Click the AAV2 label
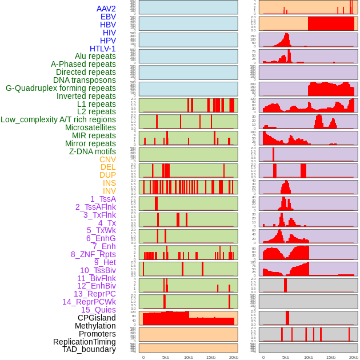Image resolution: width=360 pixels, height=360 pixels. click(x=106, y=9)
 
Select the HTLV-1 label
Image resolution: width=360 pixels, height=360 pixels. click(x=102, y=49)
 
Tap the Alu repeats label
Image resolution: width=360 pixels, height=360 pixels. click(x=95, y=56)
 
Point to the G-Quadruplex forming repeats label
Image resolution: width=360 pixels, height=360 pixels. click(x=61, y=88)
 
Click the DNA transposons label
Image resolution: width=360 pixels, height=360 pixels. click(x=84, y=80)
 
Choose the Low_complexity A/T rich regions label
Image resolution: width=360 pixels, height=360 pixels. click(x=58, y=119)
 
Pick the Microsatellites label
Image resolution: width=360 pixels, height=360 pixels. click(x=90, y=127)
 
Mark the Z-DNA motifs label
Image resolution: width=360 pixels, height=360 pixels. click(x=93, y=151)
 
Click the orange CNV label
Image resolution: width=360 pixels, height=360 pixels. click(x=107, y=159)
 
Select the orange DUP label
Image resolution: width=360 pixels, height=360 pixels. click(x=107, y=175)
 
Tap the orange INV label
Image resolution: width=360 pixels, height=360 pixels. click(x=109, y=191)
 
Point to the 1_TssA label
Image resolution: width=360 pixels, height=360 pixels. click(x=103, y=199)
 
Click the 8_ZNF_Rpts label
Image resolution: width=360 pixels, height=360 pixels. click(x=93, y=254)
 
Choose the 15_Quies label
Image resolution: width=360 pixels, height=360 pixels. click(x=98, y=310)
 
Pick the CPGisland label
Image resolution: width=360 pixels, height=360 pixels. click(x=97, y=318)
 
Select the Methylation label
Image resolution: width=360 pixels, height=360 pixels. click(x=95, y=326)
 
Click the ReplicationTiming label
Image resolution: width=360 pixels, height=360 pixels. click(x=84, y=342)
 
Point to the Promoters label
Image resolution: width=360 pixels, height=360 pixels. click(x=97, y=334)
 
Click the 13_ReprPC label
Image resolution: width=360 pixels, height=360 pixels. click(x=94, y=294)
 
